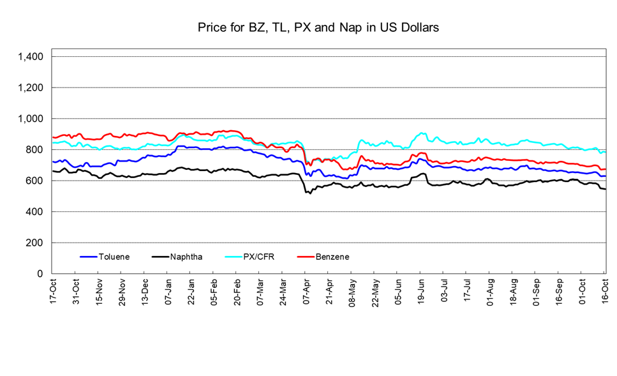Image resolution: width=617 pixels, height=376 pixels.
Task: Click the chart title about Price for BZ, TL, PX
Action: [x=317, y=28]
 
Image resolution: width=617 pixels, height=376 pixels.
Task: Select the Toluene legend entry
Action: [x=114, y=257]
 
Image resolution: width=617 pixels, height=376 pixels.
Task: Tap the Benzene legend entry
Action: [x=332, y=257]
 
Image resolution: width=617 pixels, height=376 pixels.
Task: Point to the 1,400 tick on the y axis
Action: [x=30, y=57]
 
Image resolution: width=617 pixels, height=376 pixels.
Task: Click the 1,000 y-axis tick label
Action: [x=30, y=119]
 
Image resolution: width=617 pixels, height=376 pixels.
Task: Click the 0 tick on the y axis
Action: [x=40, y=274]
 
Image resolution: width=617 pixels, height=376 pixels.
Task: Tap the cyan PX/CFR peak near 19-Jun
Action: [x=422, y=133]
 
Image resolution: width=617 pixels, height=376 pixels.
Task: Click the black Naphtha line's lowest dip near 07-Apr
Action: [x=310, y=193]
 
